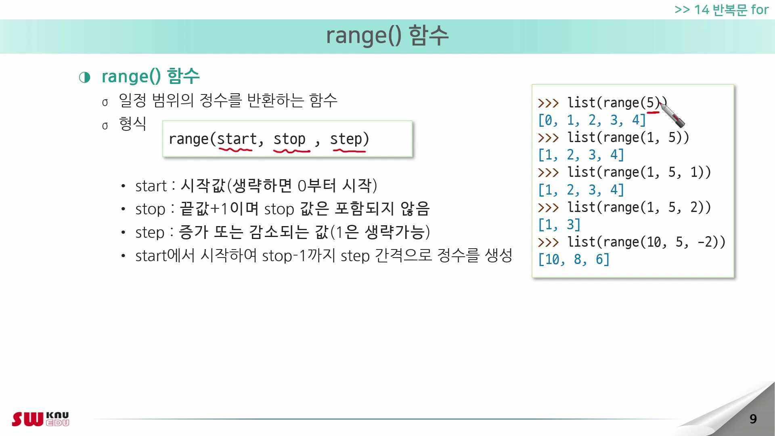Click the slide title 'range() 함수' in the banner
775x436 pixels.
[x=387, y=35]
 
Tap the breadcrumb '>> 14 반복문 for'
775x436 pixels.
[x=721, y=10]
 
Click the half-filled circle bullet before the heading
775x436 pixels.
[x=85, y=77]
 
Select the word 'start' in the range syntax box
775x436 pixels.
[x=237, y=139]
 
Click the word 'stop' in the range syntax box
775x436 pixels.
[x=289, y=139]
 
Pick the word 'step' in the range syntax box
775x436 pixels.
[x=346, y=139]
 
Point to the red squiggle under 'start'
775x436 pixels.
[x=235, y=150]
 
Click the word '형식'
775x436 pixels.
[x=132, y=124]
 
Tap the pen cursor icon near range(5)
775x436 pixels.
[x=672, y=115]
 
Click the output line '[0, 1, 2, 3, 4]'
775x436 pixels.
[x=592, y=120]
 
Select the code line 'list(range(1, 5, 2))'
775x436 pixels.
[x=639, y=208]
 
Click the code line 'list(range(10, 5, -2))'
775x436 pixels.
[x=646, y=242]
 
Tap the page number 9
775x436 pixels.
[x=753, y=419]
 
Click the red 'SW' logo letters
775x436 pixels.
[x=27, y=419]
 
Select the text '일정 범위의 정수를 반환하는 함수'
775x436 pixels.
[x=228, y=101]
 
